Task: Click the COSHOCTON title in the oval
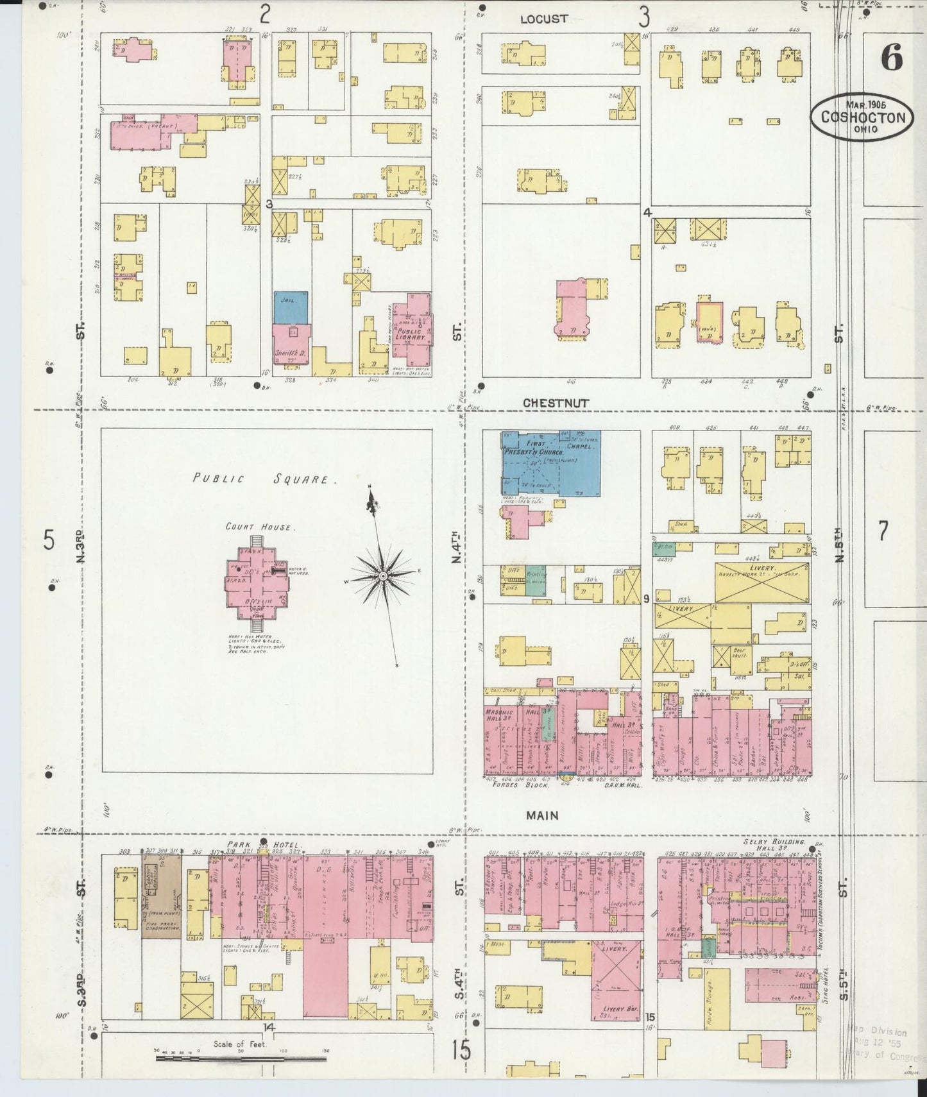(x=860, y=117)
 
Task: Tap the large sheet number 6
(x=891, y=58)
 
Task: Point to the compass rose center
(x=382, y=577)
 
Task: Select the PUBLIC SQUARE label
(x=266, y=479)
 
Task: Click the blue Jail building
(x=290, y=307)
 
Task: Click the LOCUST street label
(x=543, y=19)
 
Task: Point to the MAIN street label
(x=542, y=815)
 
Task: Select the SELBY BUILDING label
(x=773, y=841)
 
